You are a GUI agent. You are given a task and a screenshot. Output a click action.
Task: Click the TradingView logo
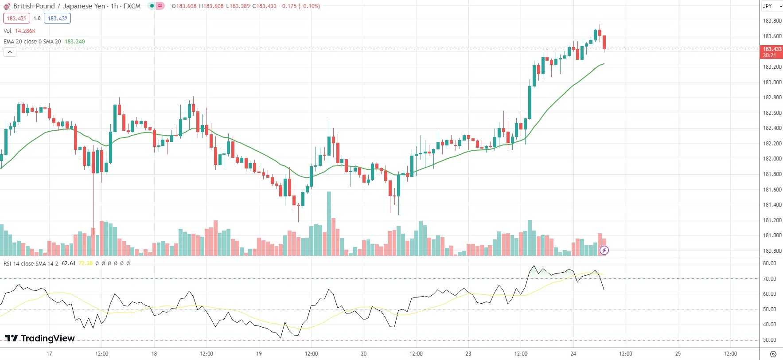39,338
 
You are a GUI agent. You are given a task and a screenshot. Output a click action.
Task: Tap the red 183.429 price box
17,19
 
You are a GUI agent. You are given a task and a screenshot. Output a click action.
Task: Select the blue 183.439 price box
57,19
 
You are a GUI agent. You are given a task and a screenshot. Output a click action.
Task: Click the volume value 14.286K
25,31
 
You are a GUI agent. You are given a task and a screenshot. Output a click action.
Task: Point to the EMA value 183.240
75,42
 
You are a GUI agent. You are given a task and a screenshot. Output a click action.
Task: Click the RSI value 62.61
68,263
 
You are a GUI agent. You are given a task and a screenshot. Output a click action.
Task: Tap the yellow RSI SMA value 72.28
86,263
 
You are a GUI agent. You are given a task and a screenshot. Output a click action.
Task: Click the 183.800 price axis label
772,21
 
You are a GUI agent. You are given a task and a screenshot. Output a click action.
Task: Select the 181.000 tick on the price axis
772,235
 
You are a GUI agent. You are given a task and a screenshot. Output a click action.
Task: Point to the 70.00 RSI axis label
769,279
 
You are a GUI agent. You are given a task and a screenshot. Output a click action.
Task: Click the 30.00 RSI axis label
769,340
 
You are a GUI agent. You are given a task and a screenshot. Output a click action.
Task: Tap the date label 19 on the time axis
259,354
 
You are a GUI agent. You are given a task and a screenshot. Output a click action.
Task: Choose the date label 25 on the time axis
678,354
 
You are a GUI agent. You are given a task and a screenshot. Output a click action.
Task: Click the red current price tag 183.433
771,52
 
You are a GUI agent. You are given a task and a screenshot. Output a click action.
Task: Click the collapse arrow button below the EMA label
10,52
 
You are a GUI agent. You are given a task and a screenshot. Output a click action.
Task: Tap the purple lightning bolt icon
604,250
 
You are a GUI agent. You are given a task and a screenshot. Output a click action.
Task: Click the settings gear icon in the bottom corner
773,354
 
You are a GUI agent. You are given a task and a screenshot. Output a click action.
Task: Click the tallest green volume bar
329,223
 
